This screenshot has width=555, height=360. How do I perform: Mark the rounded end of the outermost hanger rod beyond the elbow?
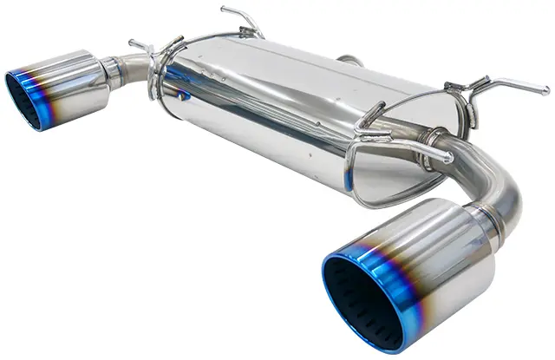point(544,89)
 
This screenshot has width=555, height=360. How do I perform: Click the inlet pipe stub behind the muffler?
point(350,62)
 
